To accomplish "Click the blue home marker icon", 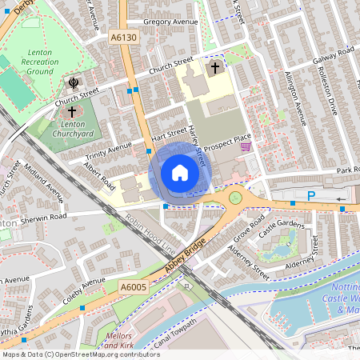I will (180, 172).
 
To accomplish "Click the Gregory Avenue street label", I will (170, 22).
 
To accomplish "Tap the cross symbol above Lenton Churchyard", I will (73, 111).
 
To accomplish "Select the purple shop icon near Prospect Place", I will (246, 146).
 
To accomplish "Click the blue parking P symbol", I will (311, 195).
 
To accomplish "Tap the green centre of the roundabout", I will (235, 197).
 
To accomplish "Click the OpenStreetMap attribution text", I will (80, 354).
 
